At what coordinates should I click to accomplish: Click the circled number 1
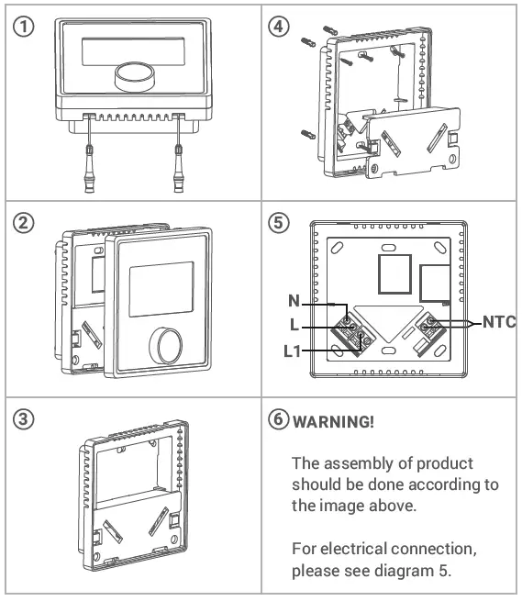coord(23,27)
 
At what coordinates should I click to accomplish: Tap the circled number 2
coord(23,223)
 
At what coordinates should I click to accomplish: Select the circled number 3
coord(23,419)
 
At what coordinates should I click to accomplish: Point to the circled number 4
coord(279,27)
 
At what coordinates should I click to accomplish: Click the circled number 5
coord(279,223)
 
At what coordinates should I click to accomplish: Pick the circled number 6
coord(279,419)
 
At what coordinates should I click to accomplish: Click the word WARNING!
coord(333,422)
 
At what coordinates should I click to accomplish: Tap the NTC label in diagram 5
coord(499,322)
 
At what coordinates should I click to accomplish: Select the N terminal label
coord(294,301)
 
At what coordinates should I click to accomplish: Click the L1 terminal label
coord(292,351)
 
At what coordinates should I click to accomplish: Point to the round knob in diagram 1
coord(135,77)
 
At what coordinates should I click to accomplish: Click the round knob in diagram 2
coord(166,346)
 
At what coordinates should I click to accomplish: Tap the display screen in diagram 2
coord(161,289)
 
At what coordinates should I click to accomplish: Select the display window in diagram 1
coord(133,51)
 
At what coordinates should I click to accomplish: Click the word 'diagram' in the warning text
coord(404,571)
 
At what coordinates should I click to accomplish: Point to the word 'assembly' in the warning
coord(358,464)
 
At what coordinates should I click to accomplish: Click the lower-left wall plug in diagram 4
coord(308,135)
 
